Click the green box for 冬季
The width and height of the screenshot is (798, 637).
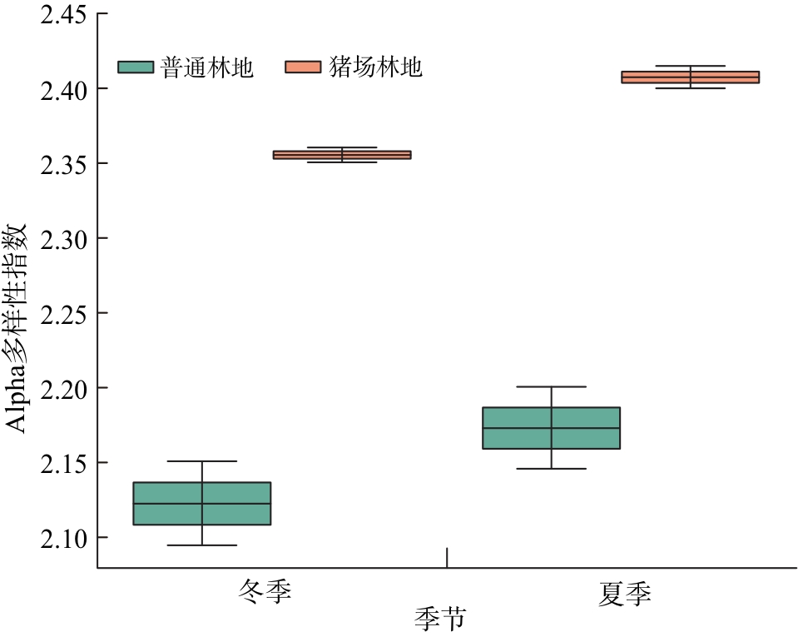pos(202,503)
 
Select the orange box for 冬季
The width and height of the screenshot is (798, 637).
pos(342,155)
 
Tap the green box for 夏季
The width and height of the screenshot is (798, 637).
pos(552,428)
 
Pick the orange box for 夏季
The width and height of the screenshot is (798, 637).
pos(691,77)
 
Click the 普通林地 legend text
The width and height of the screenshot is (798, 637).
pos(207,67)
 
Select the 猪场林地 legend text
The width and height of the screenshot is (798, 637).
pos(375,67)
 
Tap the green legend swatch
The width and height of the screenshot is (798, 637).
pos(136,67)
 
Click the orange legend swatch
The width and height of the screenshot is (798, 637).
pos(303,67)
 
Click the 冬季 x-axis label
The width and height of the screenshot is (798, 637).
pos(265,593)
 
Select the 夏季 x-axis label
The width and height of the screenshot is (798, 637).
pos(624,593)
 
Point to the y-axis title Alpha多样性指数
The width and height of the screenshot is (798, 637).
pos(18,327)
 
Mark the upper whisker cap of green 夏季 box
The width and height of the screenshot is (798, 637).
pos(552,387)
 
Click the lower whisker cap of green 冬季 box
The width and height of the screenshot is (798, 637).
pos(202,545)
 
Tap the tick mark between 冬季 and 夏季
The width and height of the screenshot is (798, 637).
pos(447,558)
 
